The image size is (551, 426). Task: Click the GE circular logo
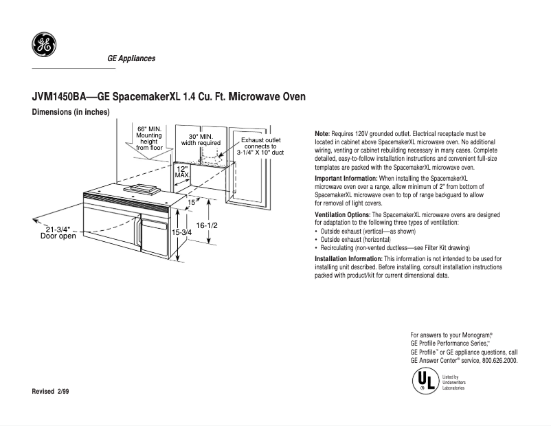tap(44, 44)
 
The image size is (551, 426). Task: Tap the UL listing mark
tap(425, 381)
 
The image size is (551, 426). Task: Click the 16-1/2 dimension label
tap(207, 225)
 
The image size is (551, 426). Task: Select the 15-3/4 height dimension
tap(181, 232)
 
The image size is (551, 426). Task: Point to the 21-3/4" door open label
tap(58, 233)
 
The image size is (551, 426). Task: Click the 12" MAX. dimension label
tap(182, 172)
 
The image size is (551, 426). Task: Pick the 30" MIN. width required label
tap(201, 139)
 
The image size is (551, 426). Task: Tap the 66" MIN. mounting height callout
tap(149, 139)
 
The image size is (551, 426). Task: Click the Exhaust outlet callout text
tap(260, 146)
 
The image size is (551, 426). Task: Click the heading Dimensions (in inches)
tap(71, 112)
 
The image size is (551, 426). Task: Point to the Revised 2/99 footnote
tap(50, 392)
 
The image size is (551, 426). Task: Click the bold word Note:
tap(322, 134)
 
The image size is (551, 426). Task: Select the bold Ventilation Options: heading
tap(343, 215)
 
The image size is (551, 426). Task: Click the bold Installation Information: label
tap(348, 259)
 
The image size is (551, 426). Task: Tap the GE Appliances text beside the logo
tap(131, 58)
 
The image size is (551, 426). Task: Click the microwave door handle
tap(139, 232)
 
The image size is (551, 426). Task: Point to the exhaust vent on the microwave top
tap(142, 189)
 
